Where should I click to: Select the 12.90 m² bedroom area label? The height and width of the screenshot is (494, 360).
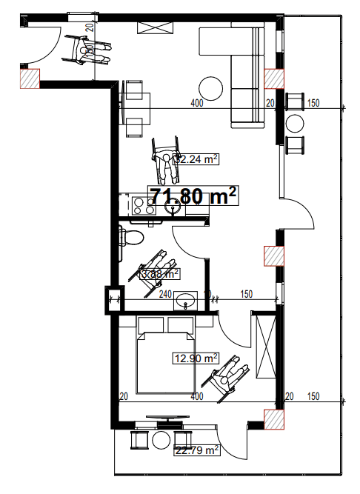click(196, 358)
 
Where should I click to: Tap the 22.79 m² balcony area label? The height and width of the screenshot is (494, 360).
click(196, 450)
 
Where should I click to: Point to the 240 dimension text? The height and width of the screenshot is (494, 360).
click(166, 294)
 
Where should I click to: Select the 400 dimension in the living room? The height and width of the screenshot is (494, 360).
click(196, 104)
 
